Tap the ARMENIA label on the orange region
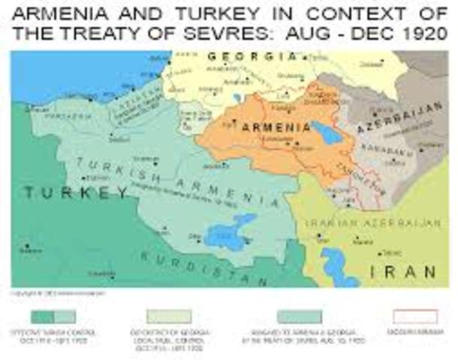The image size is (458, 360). pos(276,128)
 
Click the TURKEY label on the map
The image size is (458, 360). pos(76,193)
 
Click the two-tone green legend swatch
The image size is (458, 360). pos(53,316)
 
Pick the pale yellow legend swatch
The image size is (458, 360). pos(169,316)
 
